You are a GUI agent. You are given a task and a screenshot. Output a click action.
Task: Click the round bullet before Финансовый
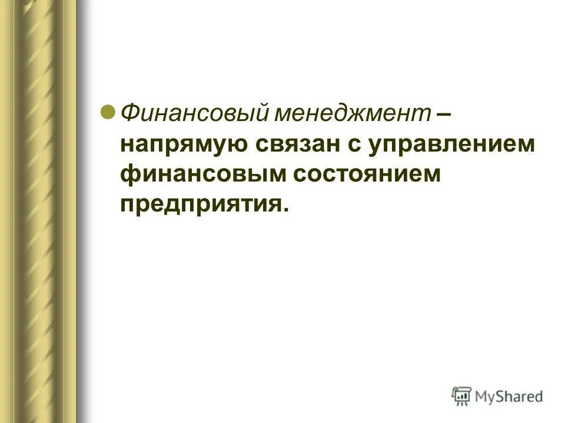(108, 111)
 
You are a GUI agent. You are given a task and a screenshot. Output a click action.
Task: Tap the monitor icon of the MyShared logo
(462, 396)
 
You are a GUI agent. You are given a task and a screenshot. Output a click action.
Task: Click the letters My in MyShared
(486, 397)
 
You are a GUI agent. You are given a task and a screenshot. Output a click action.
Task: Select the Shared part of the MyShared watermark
(520, 396)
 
